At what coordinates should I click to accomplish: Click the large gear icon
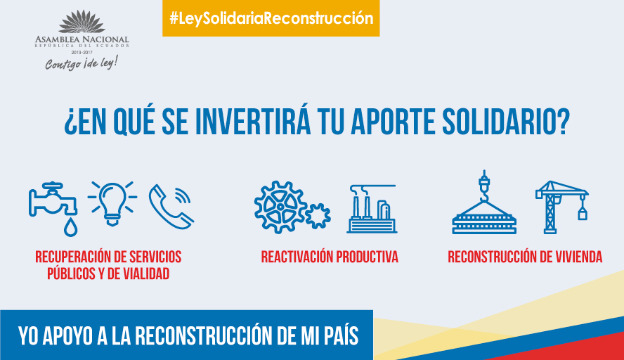[x=280, y=207]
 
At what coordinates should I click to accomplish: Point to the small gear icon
[x=318, y=216]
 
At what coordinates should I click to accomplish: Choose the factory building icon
[x=372, y=209]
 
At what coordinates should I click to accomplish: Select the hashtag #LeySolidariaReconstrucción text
[x=271, y=18]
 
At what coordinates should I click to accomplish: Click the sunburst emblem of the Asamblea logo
[x=82, y=22]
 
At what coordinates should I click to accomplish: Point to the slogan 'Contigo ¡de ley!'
[x=82, y=63]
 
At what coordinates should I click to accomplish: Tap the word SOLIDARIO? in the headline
[x=506, y=121]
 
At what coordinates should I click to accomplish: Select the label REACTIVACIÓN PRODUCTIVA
[x=330, y=257]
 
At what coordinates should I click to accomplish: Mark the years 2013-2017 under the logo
[x=82, y=53]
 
